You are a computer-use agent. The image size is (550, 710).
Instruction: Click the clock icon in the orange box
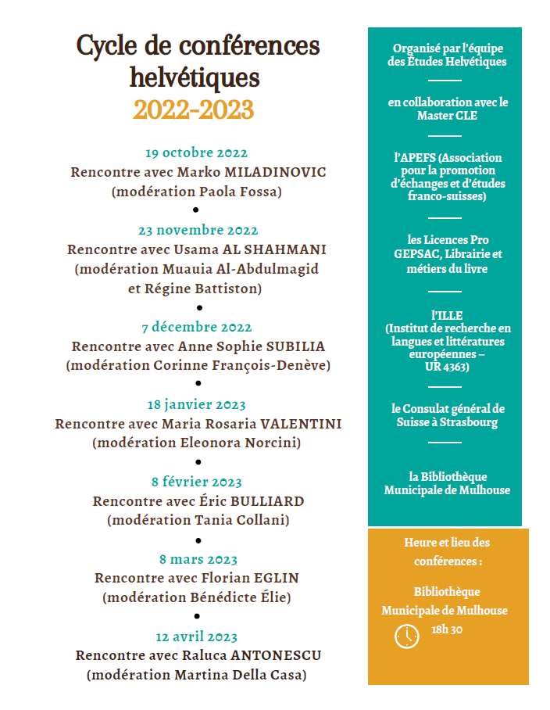click(x=406, y=636)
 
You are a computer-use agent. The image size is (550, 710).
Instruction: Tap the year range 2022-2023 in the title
click(x=194, y=109)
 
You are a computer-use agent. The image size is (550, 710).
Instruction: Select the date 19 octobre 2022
click(x=197, y=153)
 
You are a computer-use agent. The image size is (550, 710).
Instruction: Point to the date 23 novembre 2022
click(x=198, y=231)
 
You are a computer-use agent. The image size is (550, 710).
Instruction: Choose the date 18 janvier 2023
click(x=197, y=405)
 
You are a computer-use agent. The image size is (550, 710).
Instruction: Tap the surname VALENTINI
click(x=301, y=424)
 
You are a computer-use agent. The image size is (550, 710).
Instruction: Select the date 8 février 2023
click(x=198, y=482)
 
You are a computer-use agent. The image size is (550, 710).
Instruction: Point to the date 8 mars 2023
click(x=198, y=560)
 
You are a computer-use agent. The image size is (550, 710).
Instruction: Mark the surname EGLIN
click(x=277, y=579)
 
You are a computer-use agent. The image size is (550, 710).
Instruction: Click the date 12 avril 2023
click(x=197, y=637)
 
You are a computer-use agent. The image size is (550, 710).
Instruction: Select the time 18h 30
click(x=448, y=630)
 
